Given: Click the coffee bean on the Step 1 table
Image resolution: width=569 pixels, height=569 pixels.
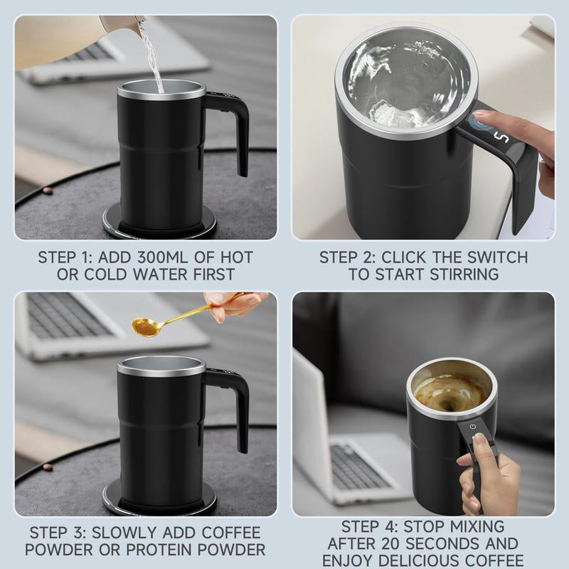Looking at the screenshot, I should (x=48, y=191).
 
